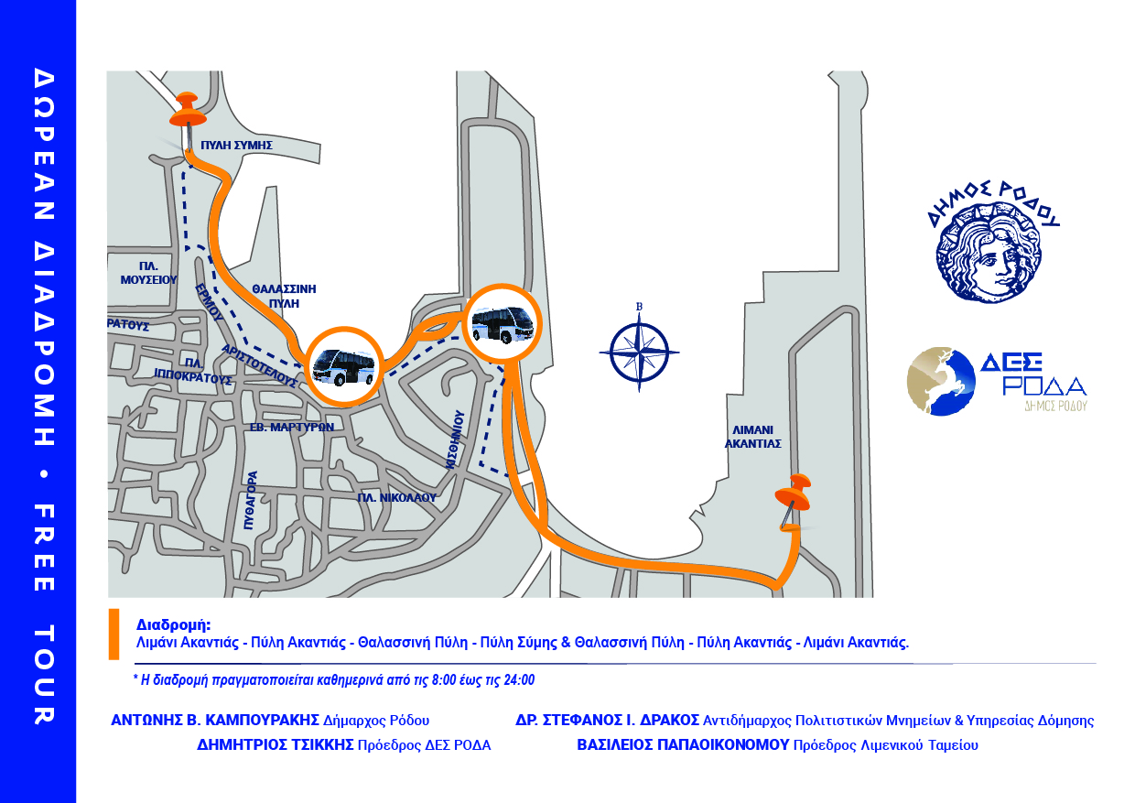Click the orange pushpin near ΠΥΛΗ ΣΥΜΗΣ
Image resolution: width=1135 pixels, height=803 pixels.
188,116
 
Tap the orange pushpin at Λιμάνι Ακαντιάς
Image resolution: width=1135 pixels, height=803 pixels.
794,498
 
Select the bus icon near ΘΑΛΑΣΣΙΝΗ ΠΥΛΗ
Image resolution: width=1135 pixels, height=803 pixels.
344,367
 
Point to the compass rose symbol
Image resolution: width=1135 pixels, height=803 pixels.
639,352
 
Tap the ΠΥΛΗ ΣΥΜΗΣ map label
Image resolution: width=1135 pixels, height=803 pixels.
237,145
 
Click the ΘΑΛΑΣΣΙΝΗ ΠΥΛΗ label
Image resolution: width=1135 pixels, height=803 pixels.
285,296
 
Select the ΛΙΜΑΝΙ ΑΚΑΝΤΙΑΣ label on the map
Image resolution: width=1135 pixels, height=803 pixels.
753,437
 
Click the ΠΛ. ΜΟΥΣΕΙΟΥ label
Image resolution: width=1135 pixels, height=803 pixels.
148,273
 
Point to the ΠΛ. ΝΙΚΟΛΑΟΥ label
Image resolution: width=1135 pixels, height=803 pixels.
396,498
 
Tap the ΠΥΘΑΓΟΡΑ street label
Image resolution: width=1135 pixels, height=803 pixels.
252,501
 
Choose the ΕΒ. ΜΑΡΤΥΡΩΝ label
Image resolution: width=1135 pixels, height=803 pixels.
292,428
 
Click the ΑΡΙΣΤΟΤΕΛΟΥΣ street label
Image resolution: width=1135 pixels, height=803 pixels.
259,366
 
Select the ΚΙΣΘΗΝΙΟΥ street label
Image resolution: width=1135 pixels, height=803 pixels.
455,439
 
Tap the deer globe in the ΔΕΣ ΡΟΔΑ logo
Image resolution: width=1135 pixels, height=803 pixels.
941,381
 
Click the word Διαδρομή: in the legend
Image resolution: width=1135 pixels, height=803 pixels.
173,624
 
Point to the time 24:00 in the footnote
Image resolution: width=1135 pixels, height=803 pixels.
519,679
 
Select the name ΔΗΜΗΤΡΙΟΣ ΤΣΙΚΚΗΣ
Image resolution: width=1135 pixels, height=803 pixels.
276,744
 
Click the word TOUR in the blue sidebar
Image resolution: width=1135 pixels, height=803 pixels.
44,675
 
